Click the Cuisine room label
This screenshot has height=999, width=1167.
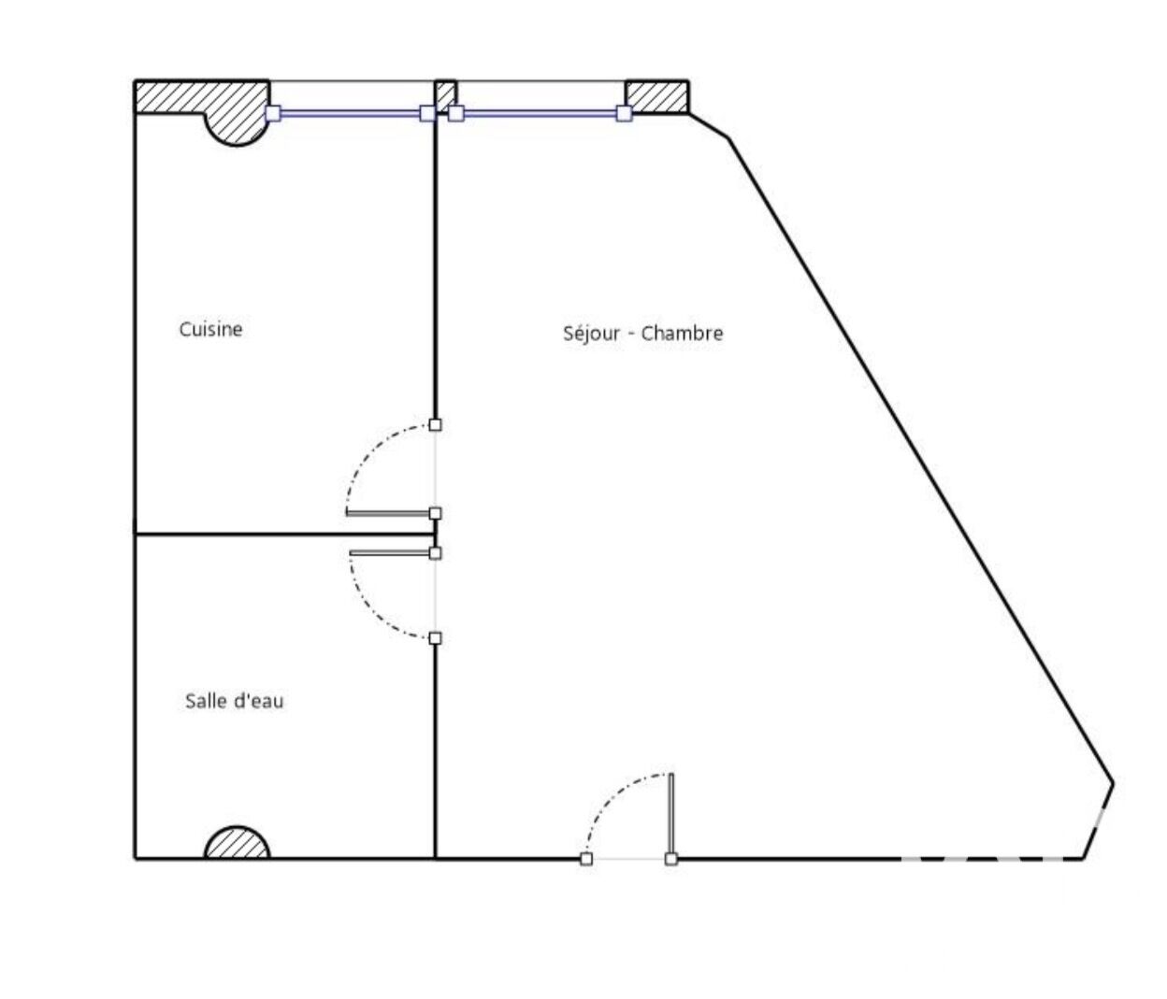[210, 329]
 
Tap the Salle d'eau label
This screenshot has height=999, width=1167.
[235, 701]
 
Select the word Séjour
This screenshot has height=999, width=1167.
[592, 334]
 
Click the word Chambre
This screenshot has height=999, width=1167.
[682, 333]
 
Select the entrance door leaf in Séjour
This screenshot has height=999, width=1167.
[671, 815]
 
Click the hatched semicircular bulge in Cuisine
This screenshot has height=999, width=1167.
[238, 129]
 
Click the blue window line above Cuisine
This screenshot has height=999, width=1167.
[350, 113]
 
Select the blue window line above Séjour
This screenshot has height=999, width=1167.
[540, 113]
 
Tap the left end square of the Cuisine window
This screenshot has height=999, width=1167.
[273, 113]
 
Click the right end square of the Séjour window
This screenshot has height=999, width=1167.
[624, 113]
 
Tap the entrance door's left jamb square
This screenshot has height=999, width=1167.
[586, 859]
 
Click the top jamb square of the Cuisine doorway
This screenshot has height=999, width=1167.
[435, 424]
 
